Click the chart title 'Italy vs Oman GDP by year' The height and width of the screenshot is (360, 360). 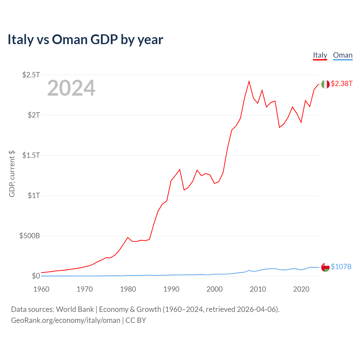point(85,39)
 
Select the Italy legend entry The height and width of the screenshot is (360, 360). point(320,55)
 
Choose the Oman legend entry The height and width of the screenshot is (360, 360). point(343,55)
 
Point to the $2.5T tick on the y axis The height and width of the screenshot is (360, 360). point(31,75)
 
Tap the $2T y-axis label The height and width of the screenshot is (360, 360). point(34,115)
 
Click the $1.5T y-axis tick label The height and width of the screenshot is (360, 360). point(31,155)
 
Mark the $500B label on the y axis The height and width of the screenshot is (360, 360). point(30,236)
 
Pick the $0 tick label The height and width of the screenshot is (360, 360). point(36,276)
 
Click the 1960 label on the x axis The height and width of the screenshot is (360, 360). point(41,289)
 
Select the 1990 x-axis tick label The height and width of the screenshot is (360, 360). point(171,289)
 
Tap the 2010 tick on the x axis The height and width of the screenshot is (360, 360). point(258,289)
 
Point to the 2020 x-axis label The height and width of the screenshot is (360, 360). point(301,289)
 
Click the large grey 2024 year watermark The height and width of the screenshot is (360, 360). point(71,88)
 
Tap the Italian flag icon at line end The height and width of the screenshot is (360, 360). point(325,84)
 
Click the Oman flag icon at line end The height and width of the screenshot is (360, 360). point(325,267)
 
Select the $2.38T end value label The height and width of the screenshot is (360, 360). point(341,84)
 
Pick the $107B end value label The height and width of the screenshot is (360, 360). point(341,267)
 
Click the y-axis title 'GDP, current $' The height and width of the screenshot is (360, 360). point(12,174)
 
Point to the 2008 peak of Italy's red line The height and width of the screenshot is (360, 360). point(249,82)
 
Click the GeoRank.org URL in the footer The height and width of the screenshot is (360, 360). point(66,320)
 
